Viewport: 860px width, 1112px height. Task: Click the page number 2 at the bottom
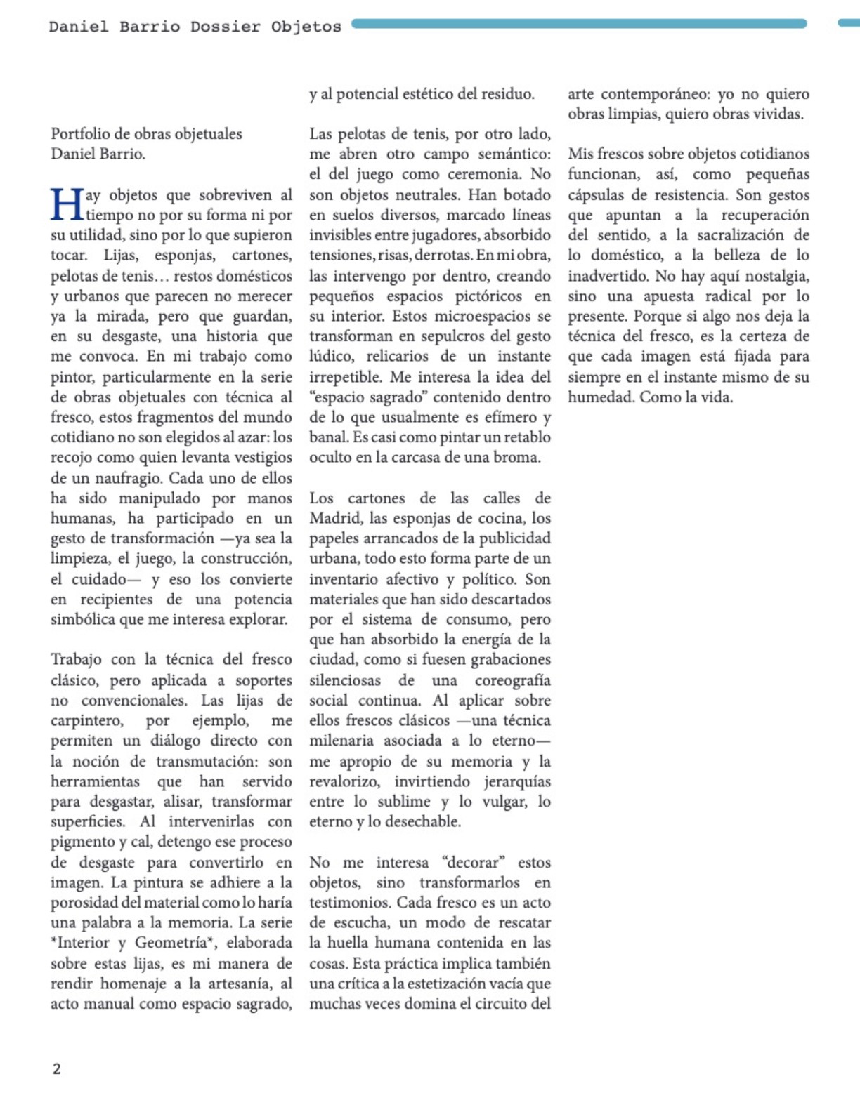56,1069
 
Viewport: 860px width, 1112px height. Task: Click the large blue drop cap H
67,205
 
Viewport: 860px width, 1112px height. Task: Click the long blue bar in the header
579,23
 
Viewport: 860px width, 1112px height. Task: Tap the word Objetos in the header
306,27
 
